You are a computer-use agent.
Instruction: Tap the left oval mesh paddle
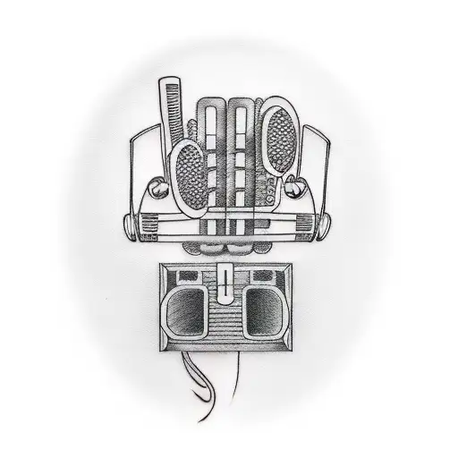coord(191,174)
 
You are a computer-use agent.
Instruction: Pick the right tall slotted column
coord(242,148)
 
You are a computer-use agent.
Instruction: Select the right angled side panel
coord(318,170)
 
